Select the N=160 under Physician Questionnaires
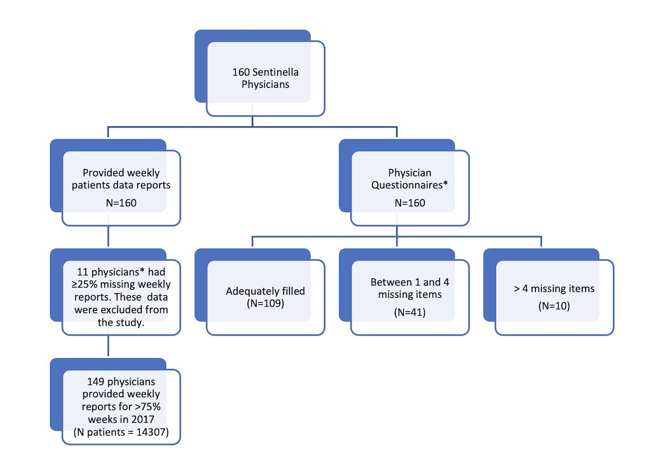point(410,203)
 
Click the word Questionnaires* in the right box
point(410,186)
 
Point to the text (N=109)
point(265,303)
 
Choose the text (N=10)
point(554,306)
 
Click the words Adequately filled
point(265,291)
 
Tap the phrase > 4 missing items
point(554,289)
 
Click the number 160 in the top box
point(240,72)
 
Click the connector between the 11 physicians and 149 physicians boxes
point(109,346)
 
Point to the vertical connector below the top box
point(253,121)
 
